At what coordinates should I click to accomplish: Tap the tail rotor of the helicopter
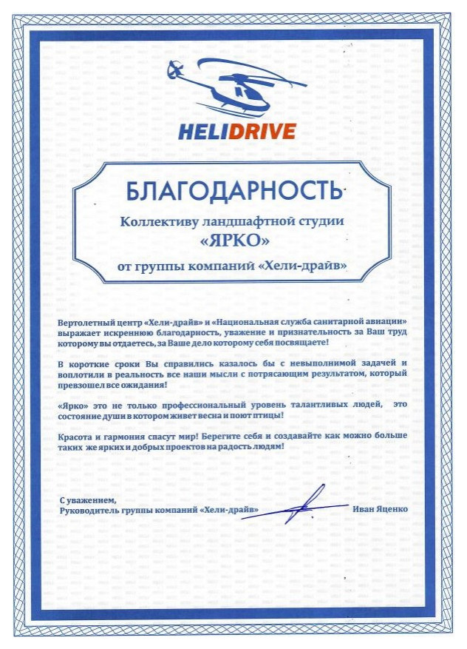(174, 72)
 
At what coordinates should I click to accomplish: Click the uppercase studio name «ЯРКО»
(235, 241)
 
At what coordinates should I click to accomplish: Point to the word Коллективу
(160, 221)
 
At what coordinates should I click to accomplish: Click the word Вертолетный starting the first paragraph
(85, 325)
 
